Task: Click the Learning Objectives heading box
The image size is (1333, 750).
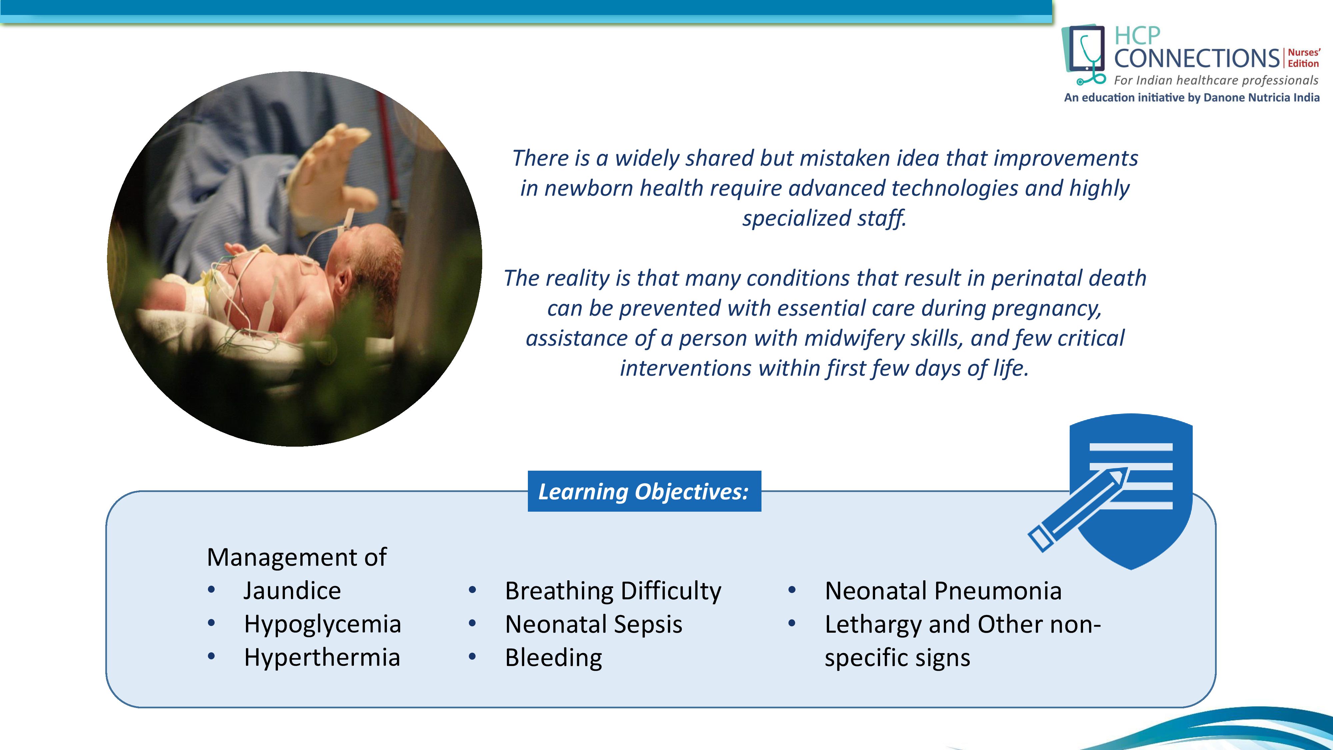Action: click(644, 491)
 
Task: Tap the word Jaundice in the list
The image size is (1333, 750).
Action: click(292, 591)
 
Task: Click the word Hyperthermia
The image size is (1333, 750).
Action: click(322, 657)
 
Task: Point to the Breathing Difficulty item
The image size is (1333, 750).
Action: click(613, 591)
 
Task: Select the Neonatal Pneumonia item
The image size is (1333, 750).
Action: click(943, 591)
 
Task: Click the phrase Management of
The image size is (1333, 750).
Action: click(297, 557)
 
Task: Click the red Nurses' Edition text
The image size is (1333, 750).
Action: click(1303, 58)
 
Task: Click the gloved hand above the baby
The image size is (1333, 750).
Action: click(331, 171)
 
